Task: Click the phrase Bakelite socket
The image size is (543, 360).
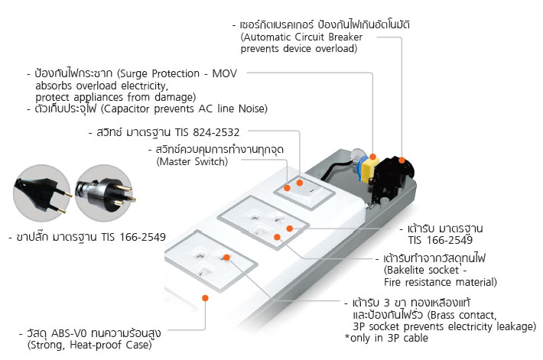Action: [420, 271]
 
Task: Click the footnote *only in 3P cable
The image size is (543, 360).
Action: [386, 338]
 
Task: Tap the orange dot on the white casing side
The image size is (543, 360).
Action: [204, 296]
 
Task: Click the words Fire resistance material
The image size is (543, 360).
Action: [441, 283]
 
